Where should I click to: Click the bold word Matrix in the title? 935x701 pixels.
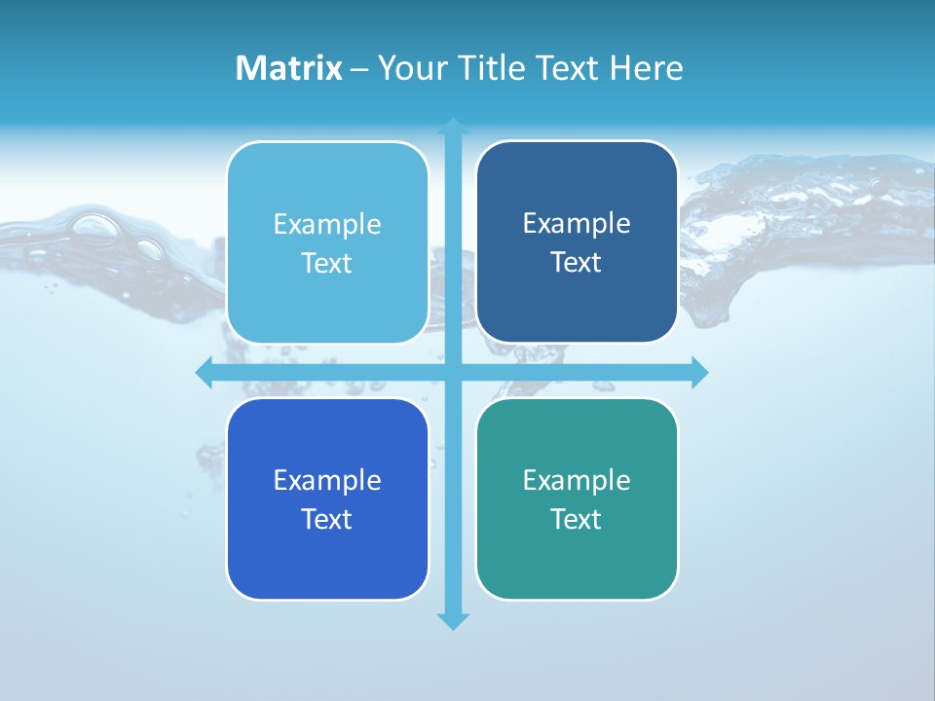tap(288, 68)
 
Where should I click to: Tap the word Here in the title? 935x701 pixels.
tap(646, 68)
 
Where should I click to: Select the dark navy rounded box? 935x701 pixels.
tap(577, 302)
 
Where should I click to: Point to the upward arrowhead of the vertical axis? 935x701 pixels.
tap(453, 126)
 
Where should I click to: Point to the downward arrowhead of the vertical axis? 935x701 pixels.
tap(453, 621)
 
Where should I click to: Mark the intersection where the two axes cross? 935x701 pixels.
tap(453, 372)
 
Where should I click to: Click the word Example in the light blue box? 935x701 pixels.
tap(327, 225)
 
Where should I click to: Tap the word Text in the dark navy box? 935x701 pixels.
tap(577, 263)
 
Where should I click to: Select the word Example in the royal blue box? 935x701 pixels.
tap(327, 481)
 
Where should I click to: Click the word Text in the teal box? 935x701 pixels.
tap(577, 519)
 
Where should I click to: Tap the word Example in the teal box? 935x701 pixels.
tap(577, 481)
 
